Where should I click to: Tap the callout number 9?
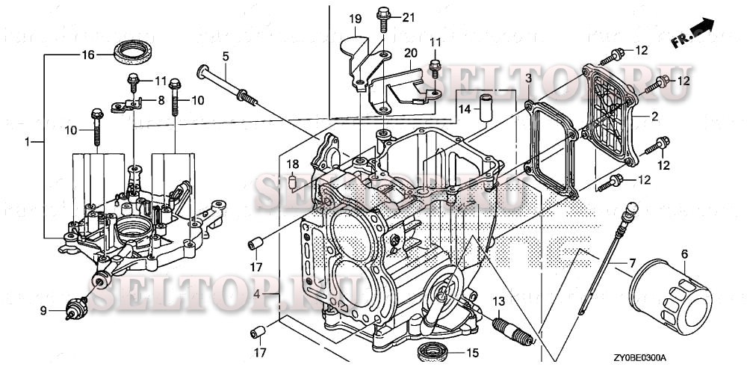(43, 310)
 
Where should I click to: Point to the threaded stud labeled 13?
(512, 330)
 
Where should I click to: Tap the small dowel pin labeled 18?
(293, 181)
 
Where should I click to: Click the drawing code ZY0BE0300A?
(641, 359)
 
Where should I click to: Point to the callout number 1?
(29, 141)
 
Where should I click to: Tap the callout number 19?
(355, 17)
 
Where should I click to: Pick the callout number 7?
(632, 263)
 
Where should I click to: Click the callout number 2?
(654, 116)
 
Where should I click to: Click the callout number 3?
(528, 78)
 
